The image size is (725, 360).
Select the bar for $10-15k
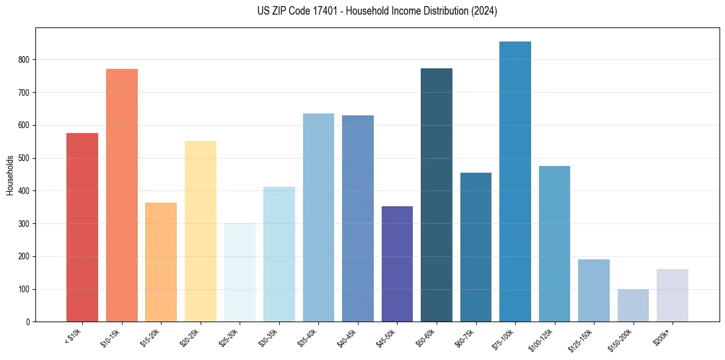(122, 195)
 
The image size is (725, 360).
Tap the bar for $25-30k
(240, 272)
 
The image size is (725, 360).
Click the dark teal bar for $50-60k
(437, 195)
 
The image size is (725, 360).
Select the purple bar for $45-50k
(397, 264)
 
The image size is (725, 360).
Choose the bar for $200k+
(673, 295)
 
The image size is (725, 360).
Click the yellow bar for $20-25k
(201, 231)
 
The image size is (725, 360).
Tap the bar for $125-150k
(594, 290)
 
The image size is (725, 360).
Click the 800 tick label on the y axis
(23, 60)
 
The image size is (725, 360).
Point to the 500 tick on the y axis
(23, 158)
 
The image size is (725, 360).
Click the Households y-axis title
(10, 175)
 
